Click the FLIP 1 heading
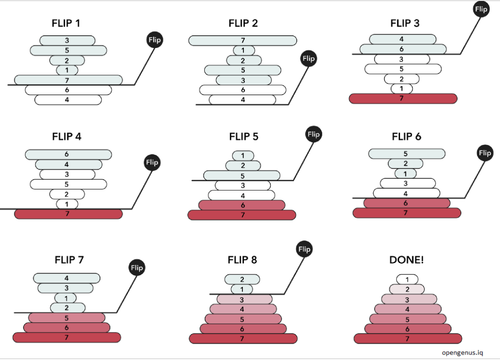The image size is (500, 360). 66,23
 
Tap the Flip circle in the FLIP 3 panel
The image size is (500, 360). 482,9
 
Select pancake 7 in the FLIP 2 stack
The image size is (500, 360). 242,41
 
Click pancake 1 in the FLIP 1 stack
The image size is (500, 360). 67,70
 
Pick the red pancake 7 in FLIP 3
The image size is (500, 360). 403,98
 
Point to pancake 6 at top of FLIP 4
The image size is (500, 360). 67,154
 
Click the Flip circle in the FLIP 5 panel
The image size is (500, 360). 313,134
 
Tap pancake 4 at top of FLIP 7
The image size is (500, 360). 67,278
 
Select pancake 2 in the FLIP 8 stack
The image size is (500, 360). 242,280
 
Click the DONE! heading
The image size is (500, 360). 406,260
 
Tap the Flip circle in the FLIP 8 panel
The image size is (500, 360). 304,249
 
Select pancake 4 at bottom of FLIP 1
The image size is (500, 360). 68,99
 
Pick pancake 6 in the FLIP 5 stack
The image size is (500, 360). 242,205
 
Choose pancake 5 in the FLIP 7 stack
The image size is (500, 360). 67,318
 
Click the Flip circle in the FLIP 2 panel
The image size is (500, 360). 309,59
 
